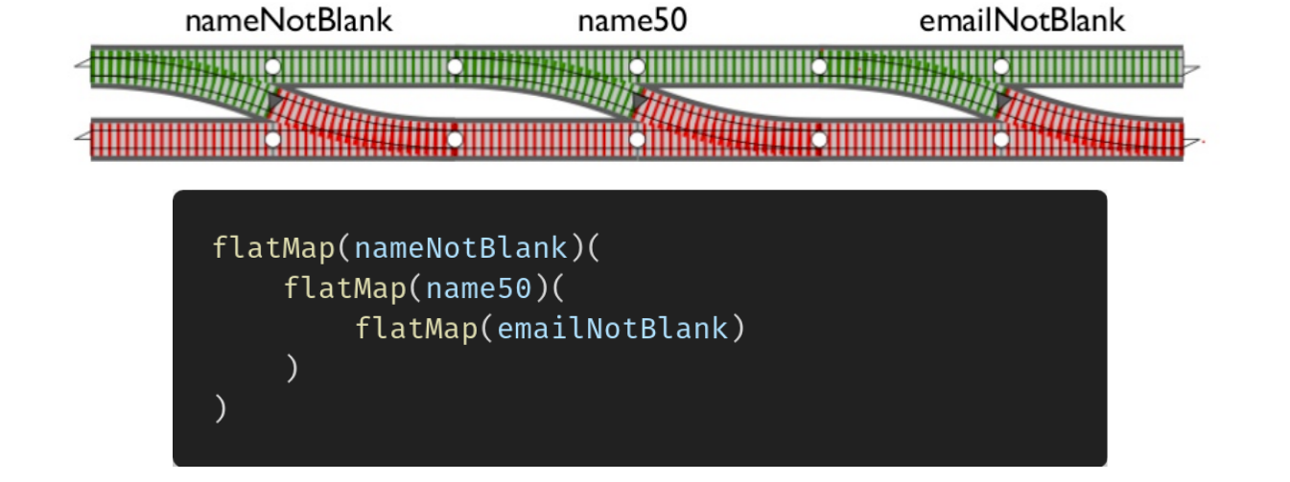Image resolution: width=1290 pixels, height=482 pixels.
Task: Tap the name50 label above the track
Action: click(x=632, y=21)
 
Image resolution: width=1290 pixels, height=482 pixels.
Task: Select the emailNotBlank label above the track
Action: click(x=1021, y=21)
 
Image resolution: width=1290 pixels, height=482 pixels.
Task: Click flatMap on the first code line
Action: click(x=273, y=248)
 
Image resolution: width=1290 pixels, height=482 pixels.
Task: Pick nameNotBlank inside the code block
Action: click(x=460, y=248)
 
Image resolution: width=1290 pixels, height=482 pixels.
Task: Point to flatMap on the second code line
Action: click(x=344, y=288)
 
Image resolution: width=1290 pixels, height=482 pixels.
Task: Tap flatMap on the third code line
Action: click(x=415, y=329)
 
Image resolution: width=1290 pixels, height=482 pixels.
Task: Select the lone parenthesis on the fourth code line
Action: click(x=292, y=369)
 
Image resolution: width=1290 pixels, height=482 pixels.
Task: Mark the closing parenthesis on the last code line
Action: click(x=221, y=409)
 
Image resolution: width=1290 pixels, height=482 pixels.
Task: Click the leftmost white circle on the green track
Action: click(x=272, y=67)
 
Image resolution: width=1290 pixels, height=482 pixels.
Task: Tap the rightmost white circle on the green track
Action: click(x=1000, y=67)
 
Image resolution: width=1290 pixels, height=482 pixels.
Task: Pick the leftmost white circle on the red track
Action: click(x=272, y=140)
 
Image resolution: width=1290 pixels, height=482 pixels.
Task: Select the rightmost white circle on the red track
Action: click(x=1000, y=140)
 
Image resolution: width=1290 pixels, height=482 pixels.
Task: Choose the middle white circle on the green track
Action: click(x=636, y=67)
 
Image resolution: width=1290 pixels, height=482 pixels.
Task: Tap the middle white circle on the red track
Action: click(x=636, y=140)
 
